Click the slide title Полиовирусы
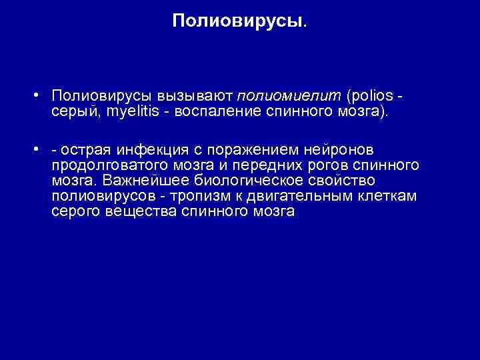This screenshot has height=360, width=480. [240, 21]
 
